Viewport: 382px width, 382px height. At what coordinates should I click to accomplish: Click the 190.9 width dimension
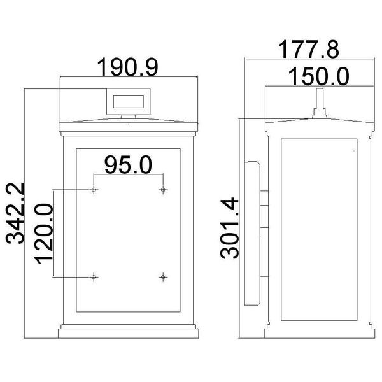click(128, 67)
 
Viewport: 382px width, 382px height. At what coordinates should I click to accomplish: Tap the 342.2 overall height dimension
click(15, 213)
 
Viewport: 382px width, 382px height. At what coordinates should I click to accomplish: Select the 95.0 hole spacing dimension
click(128, 165)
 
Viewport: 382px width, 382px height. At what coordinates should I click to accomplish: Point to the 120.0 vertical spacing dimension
click(44, 234)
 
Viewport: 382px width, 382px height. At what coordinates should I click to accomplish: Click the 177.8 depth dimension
click(308, 50)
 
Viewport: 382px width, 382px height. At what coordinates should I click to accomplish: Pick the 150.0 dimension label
click(319, 76)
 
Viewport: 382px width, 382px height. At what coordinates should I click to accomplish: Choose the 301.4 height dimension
click(229, 228)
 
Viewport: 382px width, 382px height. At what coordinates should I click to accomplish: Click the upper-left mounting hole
click(94, 190)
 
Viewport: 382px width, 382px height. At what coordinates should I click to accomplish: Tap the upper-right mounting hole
click(163, 190)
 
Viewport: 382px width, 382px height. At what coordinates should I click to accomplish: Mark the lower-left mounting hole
click(94, 277)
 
